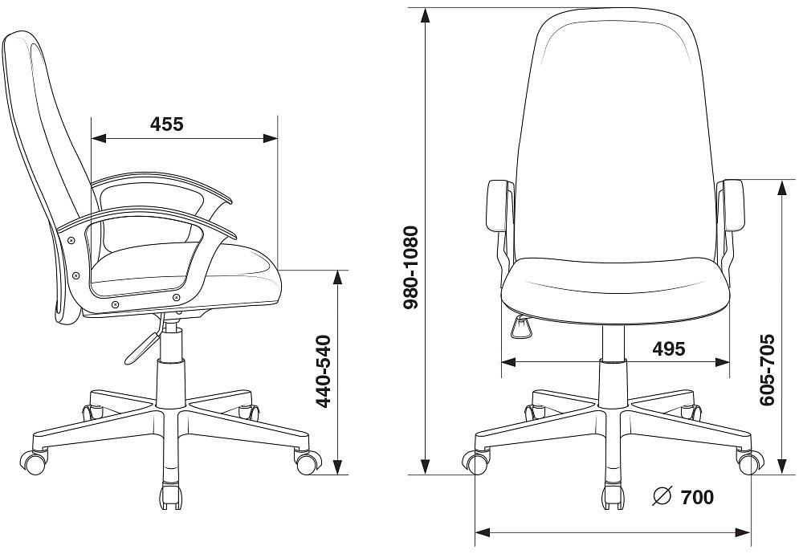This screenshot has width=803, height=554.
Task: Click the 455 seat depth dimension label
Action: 166,124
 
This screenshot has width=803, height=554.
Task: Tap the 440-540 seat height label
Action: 323,371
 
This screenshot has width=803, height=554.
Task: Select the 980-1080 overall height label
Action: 411,267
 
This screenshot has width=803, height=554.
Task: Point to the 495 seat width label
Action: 668,348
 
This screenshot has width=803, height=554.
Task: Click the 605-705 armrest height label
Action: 767,370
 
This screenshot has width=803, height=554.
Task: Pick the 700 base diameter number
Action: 697,497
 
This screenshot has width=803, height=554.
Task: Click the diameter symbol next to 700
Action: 662,496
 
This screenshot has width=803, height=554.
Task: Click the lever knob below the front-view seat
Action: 521,327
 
